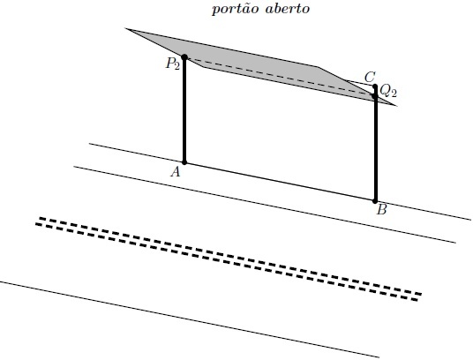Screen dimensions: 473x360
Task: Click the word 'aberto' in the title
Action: (x=288, y=9)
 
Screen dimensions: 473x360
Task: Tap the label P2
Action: (x=173, y=64)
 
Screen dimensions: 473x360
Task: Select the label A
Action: (x=176, y=172)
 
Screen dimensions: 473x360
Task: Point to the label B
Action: (x=381, y=209)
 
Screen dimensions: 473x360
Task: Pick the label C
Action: (x=370, y=77)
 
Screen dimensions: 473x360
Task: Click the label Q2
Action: (x=388, y=91)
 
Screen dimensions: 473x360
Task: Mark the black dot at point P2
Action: (x=184, y=57)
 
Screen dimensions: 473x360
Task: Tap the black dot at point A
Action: (x=184, y=162)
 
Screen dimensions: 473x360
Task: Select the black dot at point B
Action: (x=375, y=201)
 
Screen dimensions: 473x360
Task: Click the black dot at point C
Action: (x=375, y=86)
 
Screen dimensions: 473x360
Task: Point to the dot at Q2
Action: (x=375, y=96)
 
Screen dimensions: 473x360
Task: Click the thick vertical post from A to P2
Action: (x=184, y=109)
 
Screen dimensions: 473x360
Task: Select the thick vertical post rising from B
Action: (x=375, y=144)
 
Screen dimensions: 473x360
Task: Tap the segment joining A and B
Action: (x=280, y=182)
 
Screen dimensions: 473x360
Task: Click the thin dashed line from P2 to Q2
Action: (x=280, y=77)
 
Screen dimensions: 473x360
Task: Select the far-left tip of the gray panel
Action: (x=125, y=28)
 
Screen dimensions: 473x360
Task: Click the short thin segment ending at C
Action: (x=360, y=84)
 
